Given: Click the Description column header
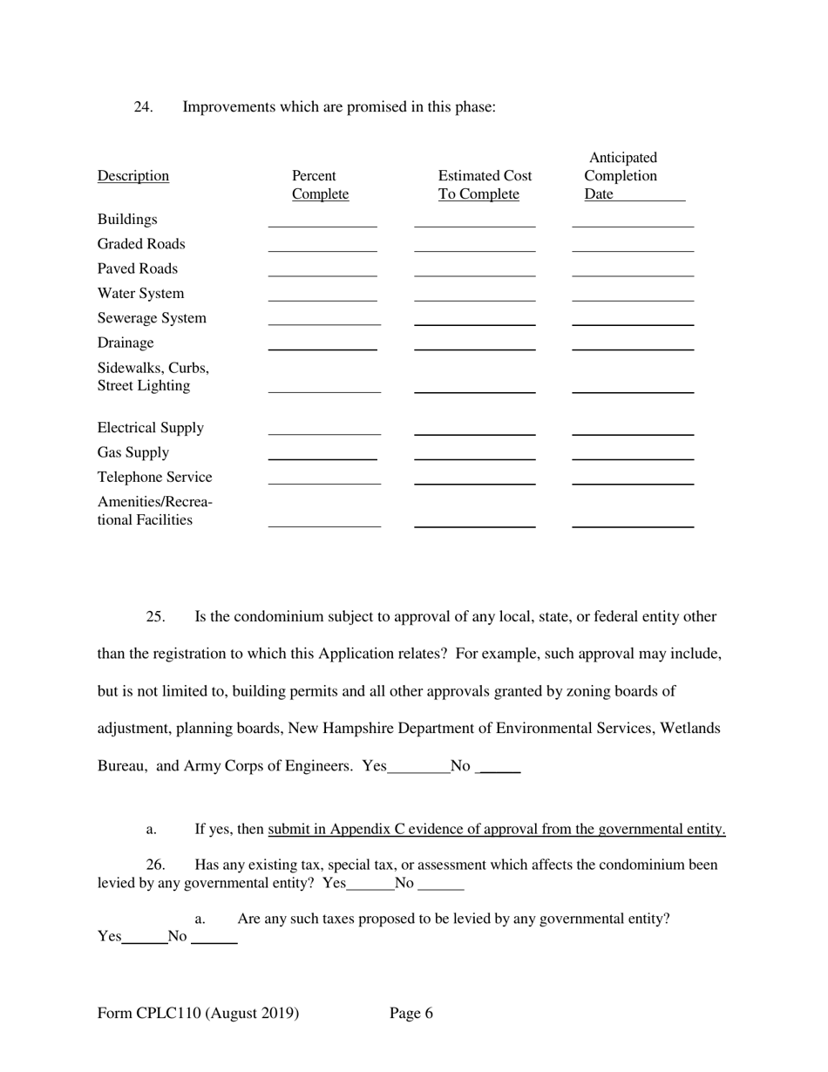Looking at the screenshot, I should click(133, 176).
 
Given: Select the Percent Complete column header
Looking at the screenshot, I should click(320, 185).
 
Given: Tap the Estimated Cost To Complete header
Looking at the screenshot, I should click(485, 185).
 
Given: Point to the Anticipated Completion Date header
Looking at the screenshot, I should click(622, 176).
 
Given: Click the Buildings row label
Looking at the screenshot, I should click(127, 220).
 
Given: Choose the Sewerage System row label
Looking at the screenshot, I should click(152, 318).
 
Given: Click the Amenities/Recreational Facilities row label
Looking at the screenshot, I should click(154, 512).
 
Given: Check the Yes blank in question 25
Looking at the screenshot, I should click(418, 768).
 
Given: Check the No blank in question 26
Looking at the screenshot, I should click(441, 885).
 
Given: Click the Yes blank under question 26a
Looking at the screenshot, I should click(145, 939).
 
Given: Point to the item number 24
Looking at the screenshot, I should click(143, 107).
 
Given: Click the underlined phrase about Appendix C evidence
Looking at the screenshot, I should click(497, 829).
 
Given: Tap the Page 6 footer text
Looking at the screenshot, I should click(411, 1013).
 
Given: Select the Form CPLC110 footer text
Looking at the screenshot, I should click(199, 1013).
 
